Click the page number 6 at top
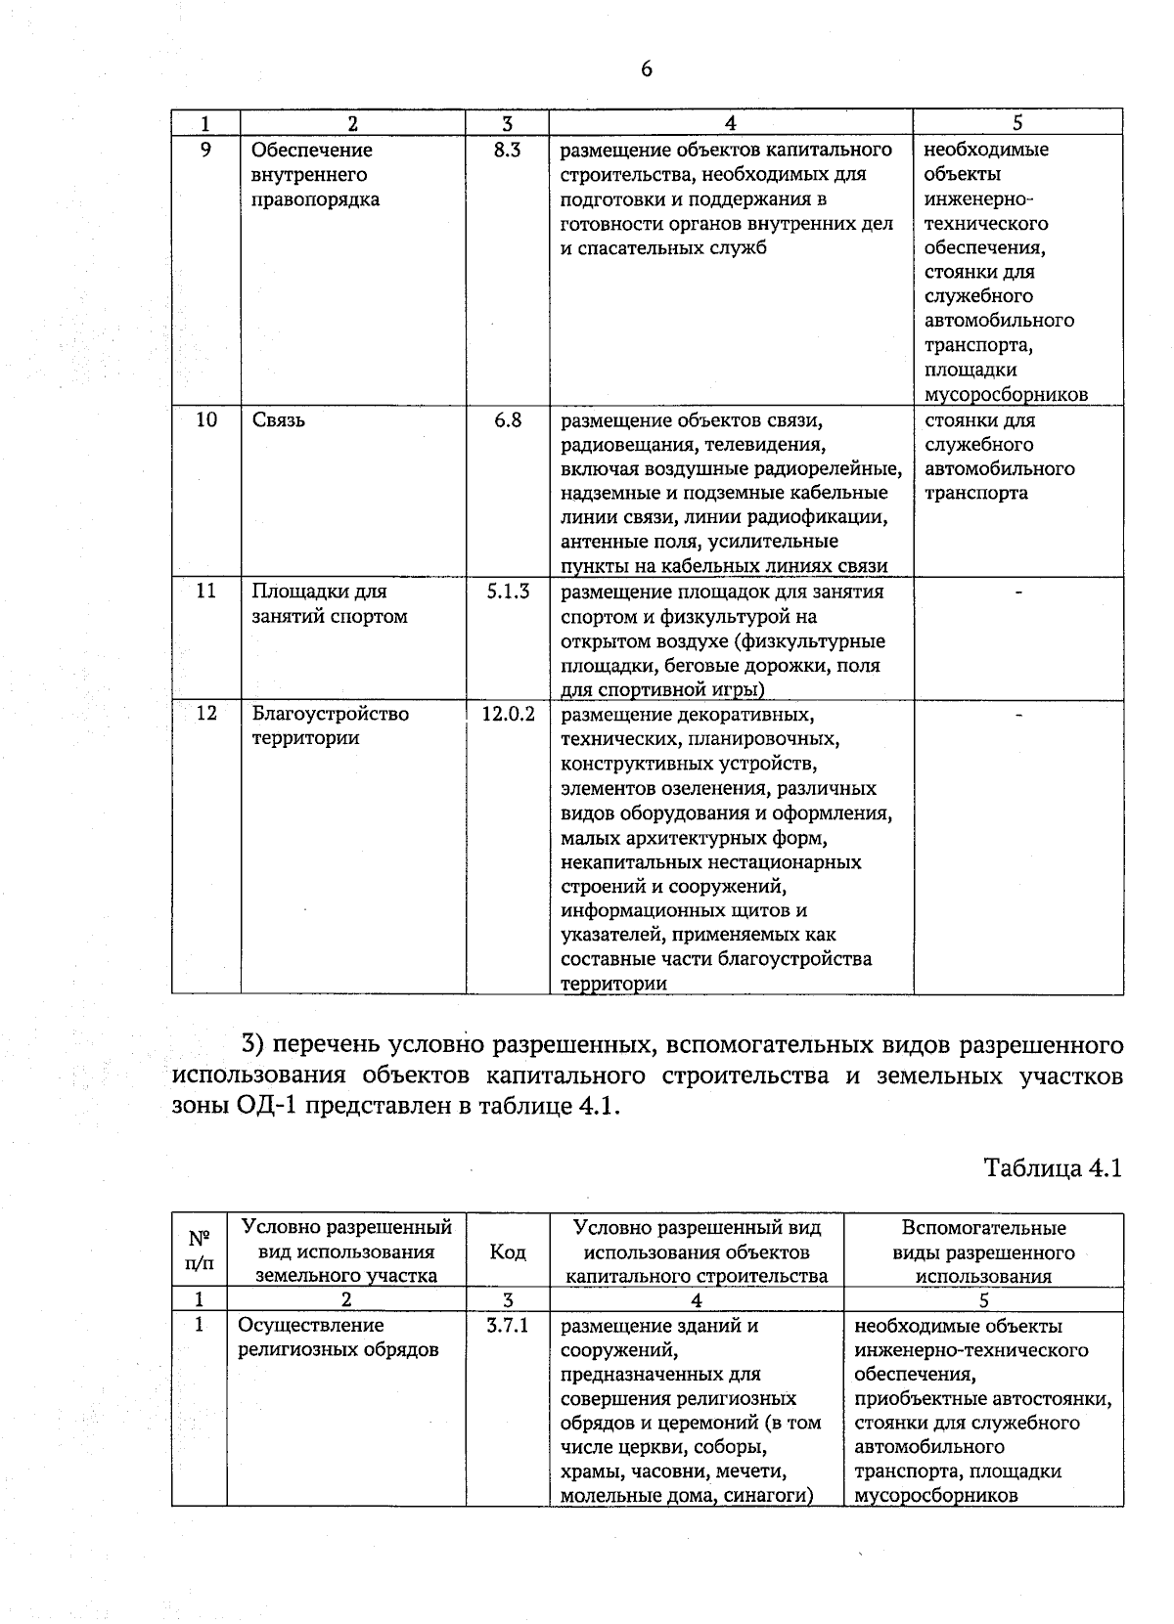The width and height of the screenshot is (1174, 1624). pyautogui.click(x=646, y=69)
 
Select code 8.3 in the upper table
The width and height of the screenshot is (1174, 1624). pyautogui.click(x=507, y=151)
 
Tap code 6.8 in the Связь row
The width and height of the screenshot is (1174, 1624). pyautogui.click(x=507, y=420)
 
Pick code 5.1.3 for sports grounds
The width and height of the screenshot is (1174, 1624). pyautogui.click(x=508, y=592)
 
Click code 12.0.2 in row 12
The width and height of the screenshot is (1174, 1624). pyautogui.click(x=508, y=714)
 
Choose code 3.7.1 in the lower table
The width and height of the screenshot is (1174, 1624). pyautogui.click(x=507, y=1326)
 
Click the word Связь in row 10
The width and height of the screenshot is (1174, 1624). pyautogui.click(x=279, y=420)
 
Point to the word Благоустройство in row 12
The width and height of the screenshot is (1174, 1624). pyautogui.click(x=331, y=714)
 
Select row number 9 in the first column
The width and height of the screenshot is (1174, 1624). pyautogui.click(x=205, y=151)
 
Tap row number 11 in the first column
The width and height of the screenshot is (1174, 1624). pyautogui.click(x=205, y=592)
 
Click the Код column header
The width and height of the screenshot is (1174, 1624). pyautogui.click(x=507, y=1251)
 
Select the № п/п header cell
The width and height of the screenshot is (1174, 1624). pyautogui.click(x=199, y=1251)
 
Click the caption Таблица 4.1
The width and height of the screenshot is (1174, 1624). pyautogui.click(x=1052, y=1168)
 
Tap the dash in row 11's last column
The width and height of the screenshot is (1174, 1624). pyautogui.click(x=1018, y=593)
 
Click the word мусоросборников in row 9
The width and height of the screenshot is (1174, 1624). pyautogui.click(x=1006, y=395)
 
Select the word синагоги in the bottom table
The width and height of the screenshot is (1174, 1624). pyautogui.click(x=771, y=1496)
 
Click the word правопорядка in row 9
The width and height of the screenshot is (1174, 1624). pyautogui.click(x=316, y=199)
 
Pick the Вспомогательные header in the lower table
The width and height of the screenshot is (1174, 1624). pyautogui.click(x=983, y=1228)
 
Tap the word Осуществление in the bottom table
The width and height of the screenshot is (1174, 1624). pyautogui.click(x=311, y=1326)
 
